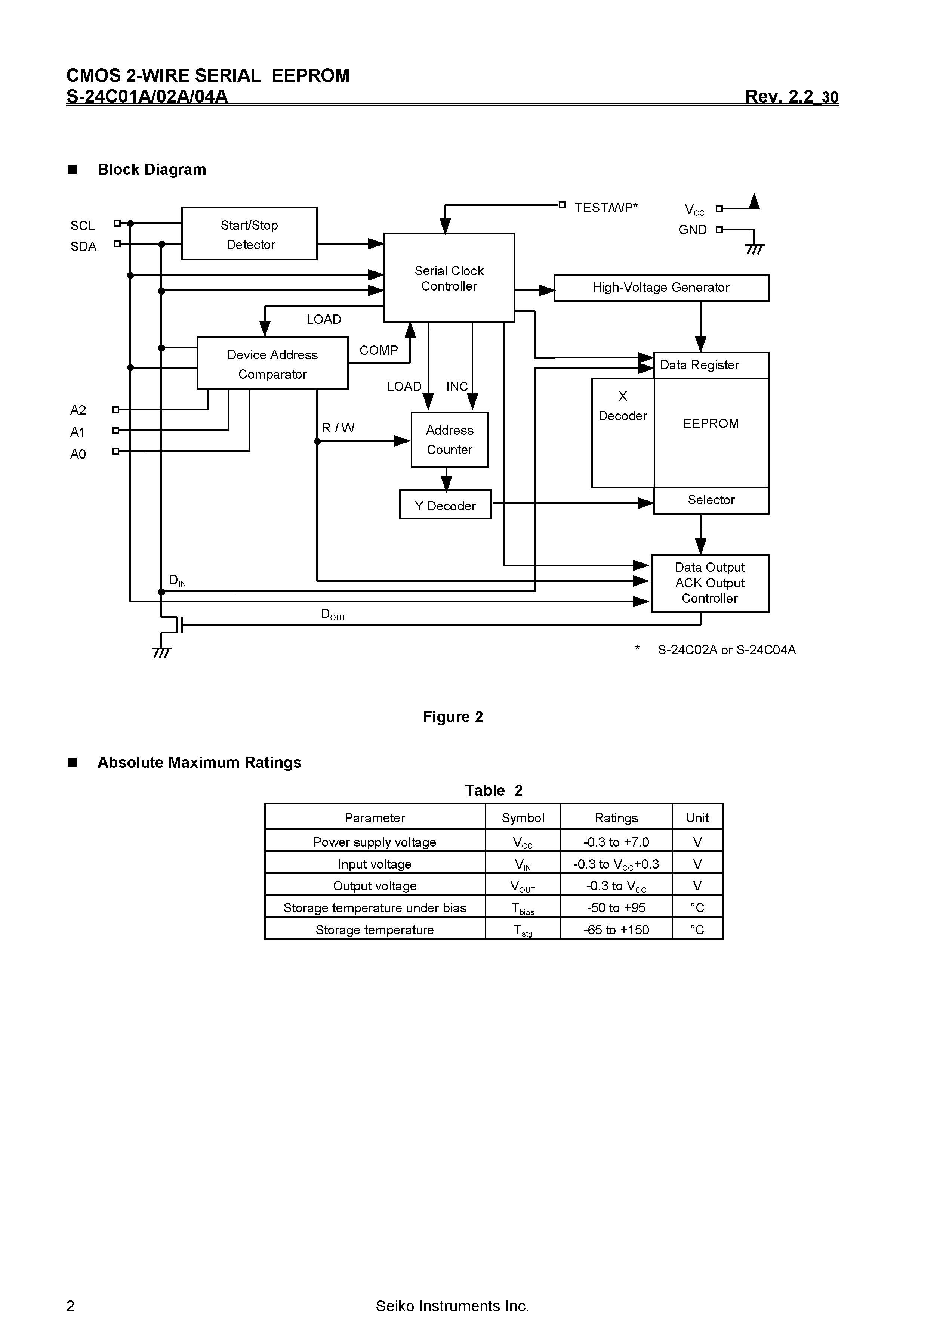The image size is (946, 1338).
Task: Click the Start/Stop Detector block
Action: pos(249,234)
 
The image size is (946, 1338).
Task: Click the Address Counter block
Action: pos(449,440)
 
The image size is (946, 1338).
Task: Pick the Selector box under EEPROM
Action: pos(711,500)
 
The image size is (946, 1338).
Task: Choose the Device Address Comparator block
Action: pos(272,364)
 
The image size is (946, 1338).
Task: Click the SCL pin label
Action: pos(83,226)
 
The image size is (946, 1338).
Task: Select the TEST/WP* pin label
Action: pos(606,208)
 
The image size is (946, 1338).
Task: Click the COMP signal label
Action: pos(379,350)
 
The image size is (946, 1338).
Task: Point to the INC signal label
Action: pos(457,387)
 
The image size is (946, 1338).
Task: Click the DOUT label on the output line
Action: pos(333,615)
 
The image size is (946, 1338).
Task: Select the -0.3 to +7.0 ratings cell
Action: pos(616,842)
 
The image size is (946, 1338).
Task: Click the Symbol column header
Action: pos(523,817)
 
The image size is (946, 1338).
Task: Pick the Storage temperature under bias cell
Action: pos(375,908)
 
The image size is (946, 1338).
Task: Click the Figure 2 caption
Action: pos(453,717)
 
